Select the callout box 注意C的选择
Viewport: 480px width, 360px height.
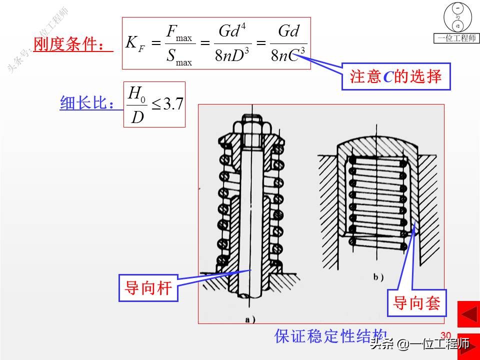tap(396, 76)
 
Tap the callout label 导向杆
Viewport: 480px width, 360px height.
tap(148, 288)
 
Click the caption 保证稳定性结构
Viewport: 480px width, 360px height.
tap(330, 335)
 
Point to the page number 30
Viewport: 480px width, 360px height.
tap(446, 335)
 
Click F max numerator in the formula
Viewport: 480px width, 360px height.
tap(178, 33)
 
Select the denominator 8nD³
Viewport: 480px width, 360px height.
tap(232, 56)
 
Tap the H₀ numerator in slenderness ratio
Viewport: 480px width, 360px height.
tap(136, 92)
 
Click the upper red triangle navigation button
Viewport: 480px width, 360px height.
tap(468, 315)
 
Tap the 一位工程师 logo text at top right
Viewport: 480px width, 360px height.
tap(456, 38)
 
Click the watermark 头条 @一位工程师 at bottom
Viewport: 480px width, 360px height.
tap(420, 344)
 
